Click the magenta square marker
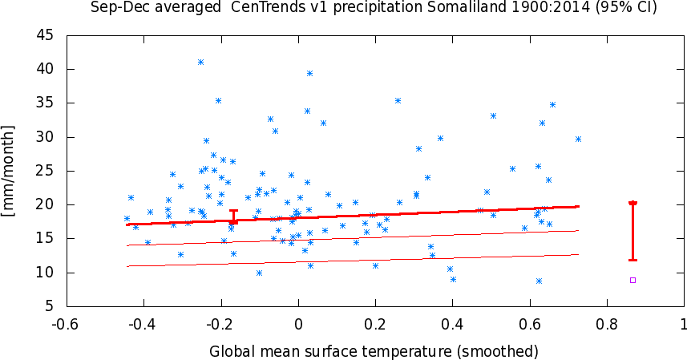tap(632, 280)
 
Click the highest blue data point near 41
tap(200, 62)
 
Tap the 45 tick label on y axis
tap(46, 35)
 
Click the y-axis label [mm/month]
tap(10, 170)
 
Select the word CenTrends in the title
tap(255, 8)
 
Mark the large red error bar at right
tap(632, 231)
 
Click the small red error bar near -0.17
tap(233, 216)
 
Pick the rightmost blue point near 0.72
tap(578, 139)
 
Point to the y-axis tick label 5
tap(51, 306)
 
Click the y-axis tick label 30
tap(46, 137)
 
